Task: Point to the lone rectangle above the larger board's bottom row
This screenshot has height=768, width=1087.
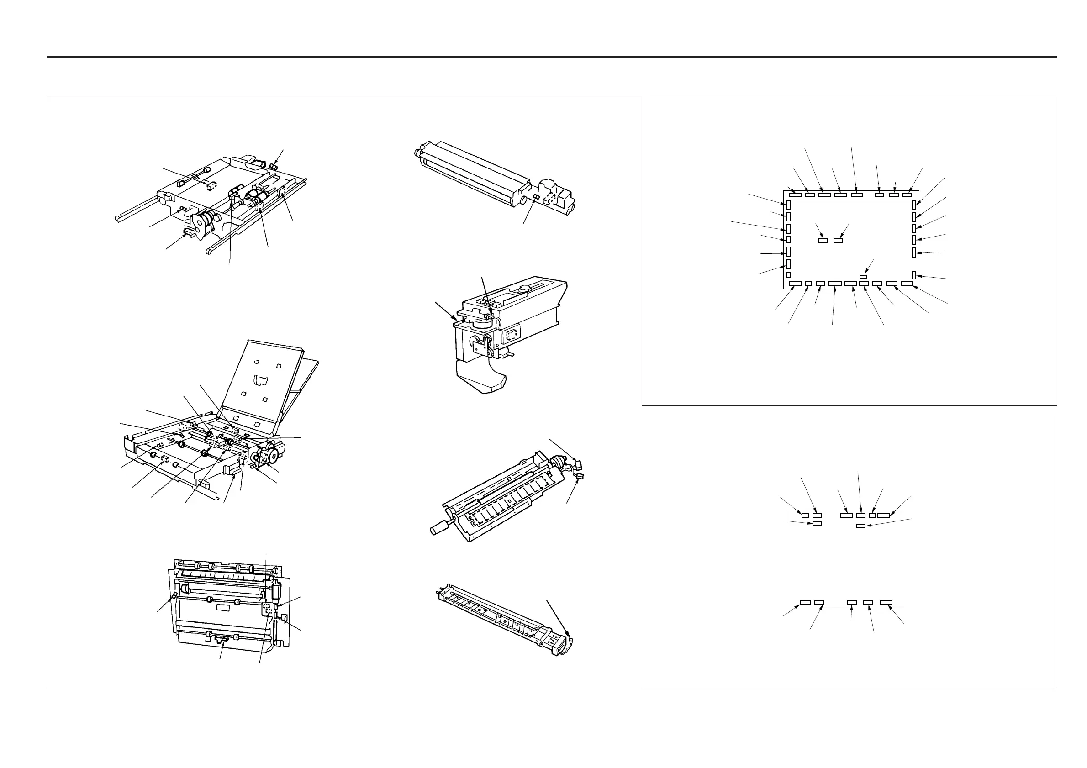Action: click(863, 276)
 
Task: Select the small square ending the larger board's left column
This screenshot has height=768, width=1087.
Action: click(788, 275)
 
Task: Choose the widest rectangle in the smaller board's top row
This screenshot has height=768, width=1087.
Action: click(883, 515)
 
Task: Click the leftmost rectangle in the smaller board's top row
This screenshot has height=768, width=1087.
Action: click(805, 515)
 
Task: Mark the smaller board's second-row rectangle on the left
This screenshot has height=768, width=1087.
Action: click(817, 523)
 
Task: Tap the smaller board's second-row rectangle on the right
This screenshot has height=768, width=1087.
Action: click(861, 526)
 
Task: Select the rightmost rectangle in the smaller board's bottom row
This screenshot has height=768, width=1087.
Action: click(886, 602)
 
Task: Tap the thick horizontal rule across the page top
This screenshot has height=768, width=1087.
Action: click(551, 57)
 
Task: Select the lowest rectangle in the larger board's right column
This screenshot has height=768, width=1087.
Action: click(914, 275)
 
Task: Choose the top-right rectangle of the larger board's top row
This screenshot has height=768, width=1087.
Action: click(907, 195)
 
